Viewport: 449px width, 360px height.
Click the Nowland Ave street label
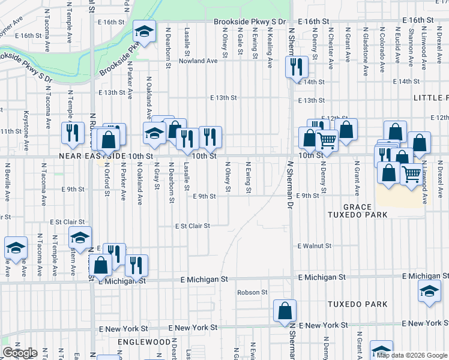(x=199, y=61)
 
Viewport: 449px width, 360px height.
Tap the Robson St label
(x=252, y=292)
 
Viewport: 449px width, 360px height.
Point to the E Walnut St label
(x=315, y=246)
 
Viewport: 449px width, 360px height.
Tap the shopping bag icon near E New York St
(x=285, y=310)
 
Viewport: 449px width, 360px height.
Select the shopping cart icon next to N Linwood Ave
(x=411, y=174)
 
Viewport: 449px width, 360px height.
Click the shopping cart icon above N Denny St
(x=327, y=140)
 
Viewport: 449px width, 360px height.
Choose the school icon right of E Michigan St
(x=429, y=292)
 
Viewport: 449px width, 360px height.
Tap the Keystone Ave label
(x=26, y=131)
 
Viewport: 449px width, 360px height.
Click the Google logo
(x=19, y=353)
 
